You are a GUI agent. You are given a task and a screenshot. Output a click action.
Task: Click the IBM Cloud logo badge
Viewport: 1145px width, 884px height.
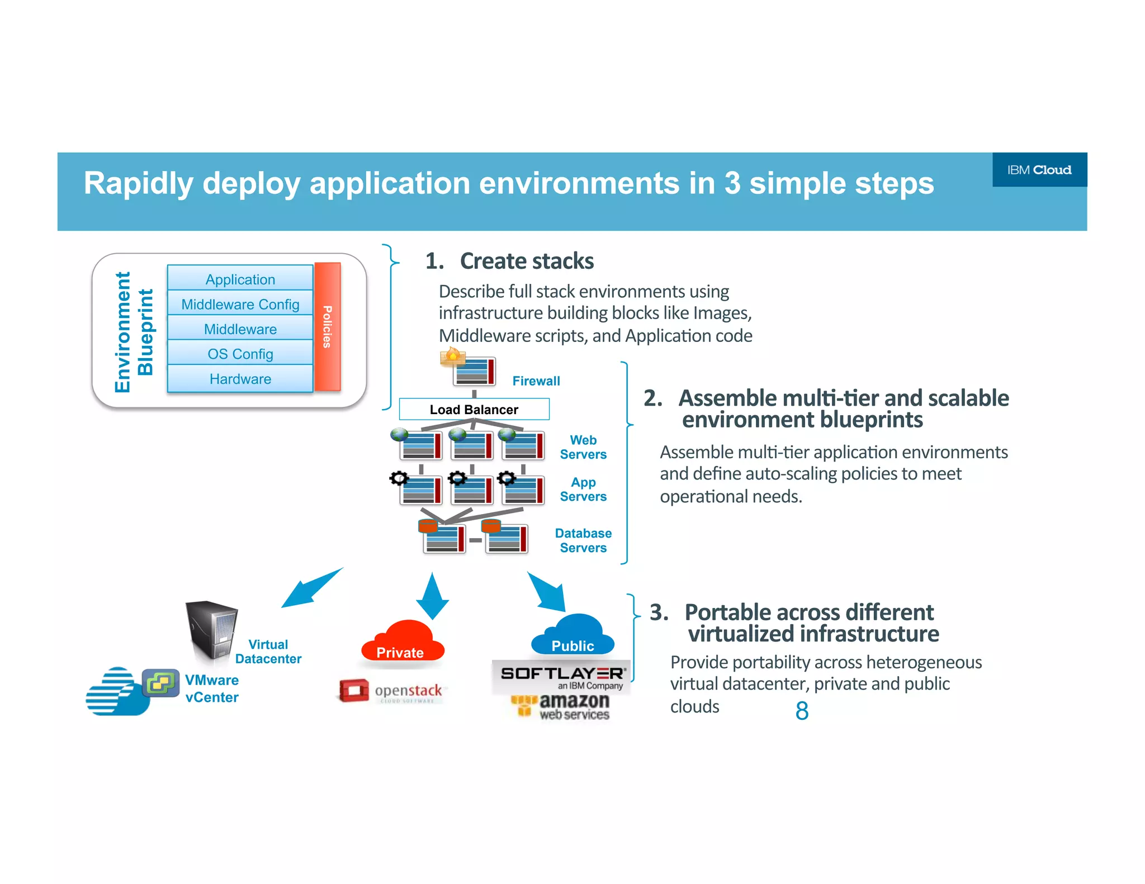[1039, 170]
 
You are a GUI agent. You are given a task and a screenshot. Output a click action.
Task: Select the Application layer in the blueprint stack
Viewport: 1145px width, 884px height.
[240, 279]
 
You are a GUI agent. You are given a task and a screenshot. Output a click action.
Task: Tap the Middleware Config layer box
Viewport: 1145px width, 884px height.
[240, 304]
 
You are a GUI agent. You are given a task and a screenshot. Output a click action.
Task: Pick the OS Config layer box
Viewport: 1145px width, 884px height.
[240, 354]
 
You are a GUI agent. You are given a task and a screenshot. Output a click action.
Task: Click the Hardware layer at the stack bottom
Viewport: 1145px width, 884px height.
[240, 379]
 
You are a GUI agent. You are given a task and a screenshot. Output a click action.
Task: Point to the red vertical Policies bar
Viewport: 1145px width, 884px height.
[327, 326]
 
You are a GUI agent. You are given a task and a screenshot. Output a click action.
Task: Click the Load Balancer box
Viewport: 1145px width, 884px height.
[474, 409]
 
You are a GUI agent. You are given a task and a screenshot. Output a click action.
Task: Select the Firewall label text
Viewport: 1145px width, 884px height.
[536, 381]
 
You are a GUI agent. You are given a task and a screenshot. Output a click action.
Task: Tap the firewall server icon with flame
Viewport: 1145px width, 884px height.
[470, 369]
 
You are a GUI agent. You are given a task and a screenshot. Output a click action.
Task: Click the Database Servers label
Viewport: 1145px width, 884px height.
[583, 540]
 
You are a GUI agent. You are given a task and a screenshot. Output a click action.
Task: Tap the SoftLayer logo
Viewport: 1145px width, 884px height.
[561, 677]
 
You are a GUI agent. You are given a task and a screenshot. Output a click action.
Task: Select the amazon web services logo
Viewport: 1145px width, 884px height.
[561, 706]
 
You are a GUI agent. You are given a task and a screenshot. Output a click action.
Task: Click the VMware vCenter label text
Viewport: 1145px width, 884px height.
[211, 688]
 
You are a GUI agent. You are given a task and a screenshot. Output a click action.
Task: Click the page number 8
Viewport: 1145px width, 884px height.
[802, 711]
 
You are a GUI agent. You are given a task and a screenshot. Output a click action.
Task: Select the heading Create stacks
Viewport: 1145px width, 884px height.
[526, 261]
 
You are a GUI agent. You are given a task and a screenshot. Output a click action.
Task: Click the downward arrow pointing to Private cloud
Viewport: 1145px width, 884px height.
[432, 597]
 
